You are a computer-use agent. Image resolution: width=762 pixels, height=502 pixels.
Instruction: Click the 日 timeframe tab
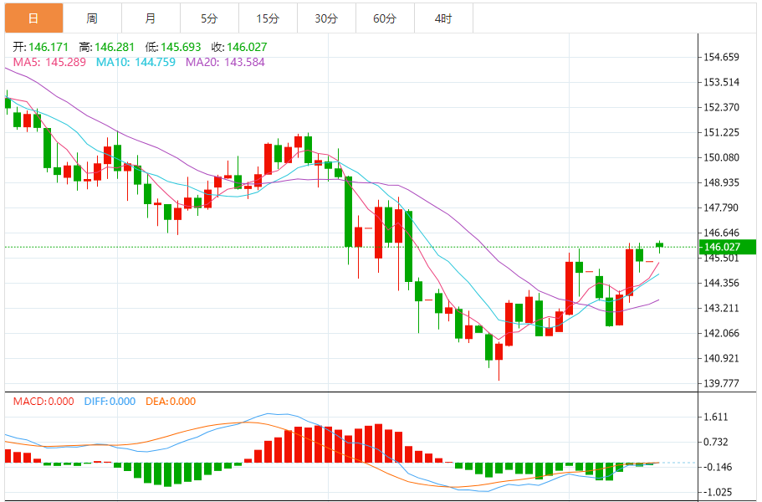click(33, 18)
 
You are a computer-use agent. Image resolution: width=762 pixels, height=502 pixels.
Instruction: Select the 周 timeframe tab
click(92, 18)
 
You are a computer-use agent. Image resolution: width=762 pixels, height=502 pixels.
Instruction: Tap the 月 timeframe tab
click(150, 18)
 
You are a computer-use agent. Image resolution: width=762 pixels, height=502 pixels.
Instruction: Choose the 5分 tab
click(209, 18)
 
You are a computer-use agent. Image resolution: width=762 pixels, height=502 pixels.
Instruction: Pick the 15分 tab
click(268, 18)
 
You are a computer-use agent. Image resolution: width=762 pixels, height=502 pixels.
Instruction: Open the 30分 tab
click(326, 18)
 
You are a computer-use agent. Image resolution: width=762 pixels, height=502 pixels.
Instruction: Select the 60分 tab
click(385, 18)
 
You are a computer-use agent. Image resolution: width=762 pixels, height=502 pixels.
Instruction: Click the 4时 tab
click(443, 18)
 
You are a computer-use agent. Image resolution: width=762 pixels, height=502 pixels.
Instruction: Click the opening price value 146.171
click(42, 48)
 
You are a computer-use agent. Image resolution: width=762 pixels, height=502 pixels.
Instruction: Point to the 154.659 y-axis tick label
click(722, 58)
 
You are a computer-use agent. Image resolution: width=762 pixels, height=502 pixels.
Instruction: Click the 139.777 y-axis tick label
click(722, 384)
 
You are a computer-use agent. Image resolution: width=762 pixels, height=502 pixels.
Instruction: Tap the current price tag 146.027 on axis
click(724, 247)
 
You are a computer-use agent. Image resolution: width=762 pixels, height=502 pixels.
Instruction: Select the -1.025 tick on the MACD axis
click(718, 492)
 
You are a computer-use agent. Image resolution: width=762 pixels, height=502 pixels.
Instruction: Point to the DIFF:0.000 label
click(110, 402)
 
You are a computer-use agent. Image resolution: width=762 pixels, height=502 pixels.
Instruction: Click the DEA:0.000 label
click(171, 402)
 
